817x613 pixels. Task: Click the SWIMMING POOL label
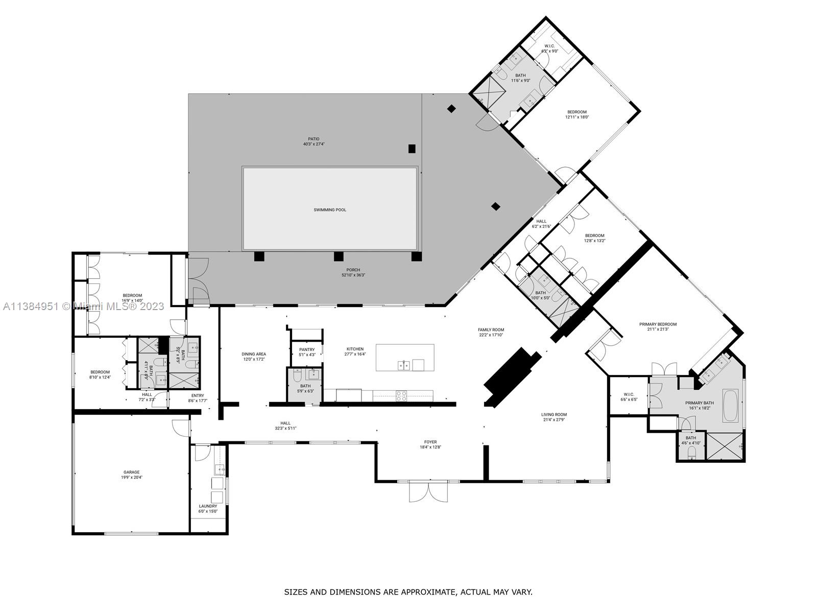[x=330, y=210]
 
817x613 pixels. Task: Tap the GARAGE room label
[x=131, y=473]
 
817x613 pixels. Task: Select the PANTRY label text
[x=307, y=349]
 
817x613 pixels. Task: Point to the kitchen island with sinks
[x=405, y=358]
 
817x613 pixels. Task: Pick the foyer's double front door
[x=428, y=491]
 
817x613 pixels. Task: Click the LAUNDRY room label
[x=208, y=506]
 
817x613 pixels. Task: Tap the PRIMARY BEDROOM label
[x=658, y=324]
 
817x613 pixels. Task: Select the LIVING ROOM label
[x=554, y=415]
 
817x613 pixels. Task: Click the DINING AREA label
[x=254, y=354]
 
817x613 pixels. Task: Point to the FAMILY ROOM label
[x=491, y=330]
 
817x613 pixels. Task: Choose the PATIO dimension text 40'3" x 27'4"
[x=314, y=144]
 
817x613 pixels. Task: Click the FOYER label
[x=430, y=442]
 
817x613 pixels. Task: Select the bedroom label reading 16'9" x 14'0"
[x=132, y=301]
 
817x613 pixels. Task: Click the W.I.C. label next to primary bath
[x=629, y=394]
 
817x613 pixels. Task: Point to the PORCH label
[x=353, y=270]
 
